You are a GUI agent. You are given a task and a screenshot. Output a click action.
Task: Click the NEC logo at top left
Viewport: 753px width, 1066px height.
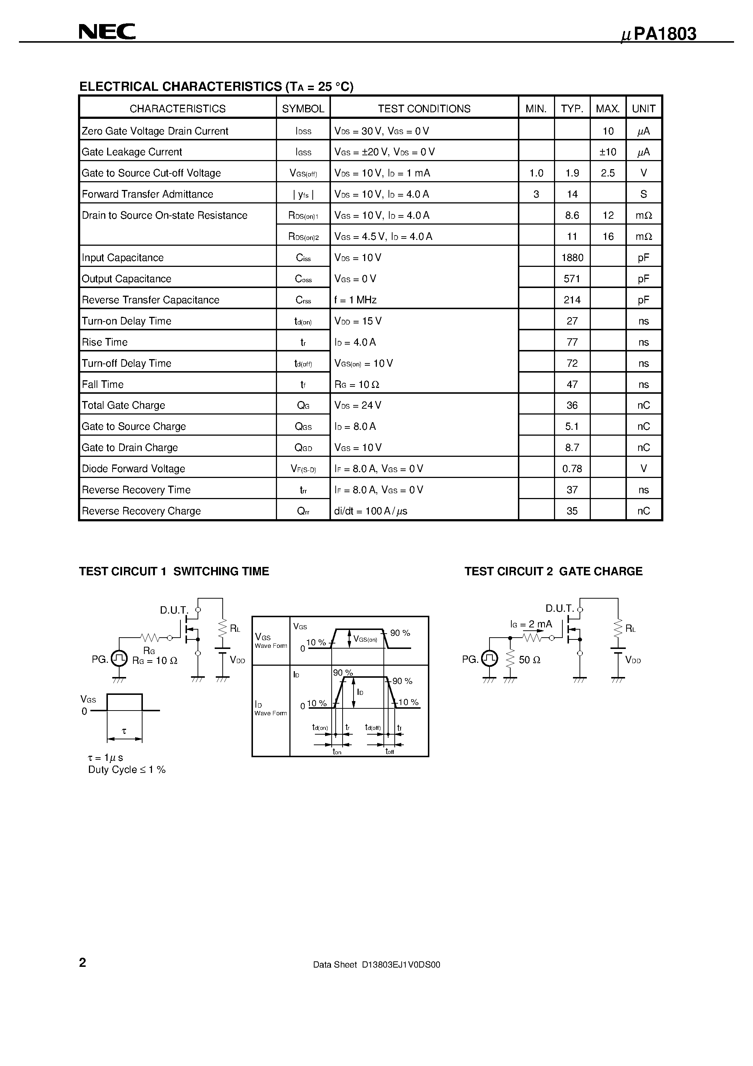coord(107,32)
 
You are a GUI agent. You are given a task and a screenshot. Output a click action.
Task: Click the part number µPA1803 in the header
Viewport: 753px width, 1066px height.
coord(659,34)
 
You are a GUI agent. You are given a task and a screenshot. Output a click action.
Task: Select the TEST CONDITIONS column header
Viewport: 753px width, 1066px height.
coord(424,109)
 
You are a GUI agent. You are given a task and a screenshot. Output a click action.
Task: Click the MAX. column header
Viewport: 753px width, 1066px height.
coord(608,109)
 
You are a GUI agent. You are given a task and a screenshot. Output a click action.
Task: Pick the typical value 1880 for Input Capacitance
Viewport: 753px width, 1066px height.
coord(572,258)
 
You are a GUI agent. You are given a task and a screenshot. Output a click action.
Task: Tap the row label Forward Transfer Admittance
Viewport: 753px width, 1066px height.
coord(147,194)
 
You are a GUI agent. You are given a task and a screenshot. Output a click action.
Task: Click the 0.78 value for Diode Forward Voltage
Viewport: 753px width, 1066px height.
coord(572,469)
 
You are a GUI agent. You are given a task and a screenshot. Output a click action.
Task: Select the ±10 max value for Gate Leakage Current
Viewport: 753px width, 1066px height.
coord(608,152)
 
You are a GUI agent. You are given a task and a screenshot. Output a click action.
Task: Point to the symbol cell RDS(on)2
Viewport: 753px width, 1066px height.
coord(303,237)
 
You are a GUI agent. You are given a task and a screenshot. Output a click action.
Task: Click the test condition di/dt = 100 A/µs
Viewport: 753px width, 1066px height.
coord(370,511)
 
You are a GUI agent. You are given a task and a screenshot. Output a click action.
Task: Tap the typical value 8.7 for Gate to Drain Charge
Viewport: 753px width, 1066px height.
coord(572,448)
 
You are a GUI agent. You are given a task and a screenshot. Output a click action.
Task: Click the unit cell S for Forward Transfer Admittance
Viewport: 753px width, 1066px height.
coord(643,194)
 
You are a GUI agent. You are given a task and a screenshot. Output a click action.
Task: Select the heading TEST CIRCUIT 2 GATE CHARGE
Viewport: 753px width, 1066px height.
coord(553,572)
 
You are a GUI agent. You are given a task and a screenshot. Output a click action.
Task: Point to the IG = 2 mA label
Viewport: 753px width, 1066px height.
coord(531,625)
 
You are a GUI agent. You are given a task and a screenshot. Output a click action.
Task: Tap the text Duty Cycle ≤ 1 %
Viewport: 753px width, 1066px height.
coord(127,769)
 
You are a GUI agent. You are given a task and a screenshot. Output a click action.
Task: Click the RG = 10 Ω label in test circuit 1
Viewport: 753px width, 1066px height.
coord(155,661)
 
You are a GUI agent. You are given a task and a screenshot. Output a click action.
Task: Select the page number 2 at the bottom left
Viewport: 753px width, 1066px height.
coord(83,962)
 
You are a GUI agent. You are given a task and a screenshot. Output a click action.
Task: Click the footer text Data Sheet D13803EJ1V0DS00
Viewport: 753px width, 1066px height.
coord(376,964)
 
